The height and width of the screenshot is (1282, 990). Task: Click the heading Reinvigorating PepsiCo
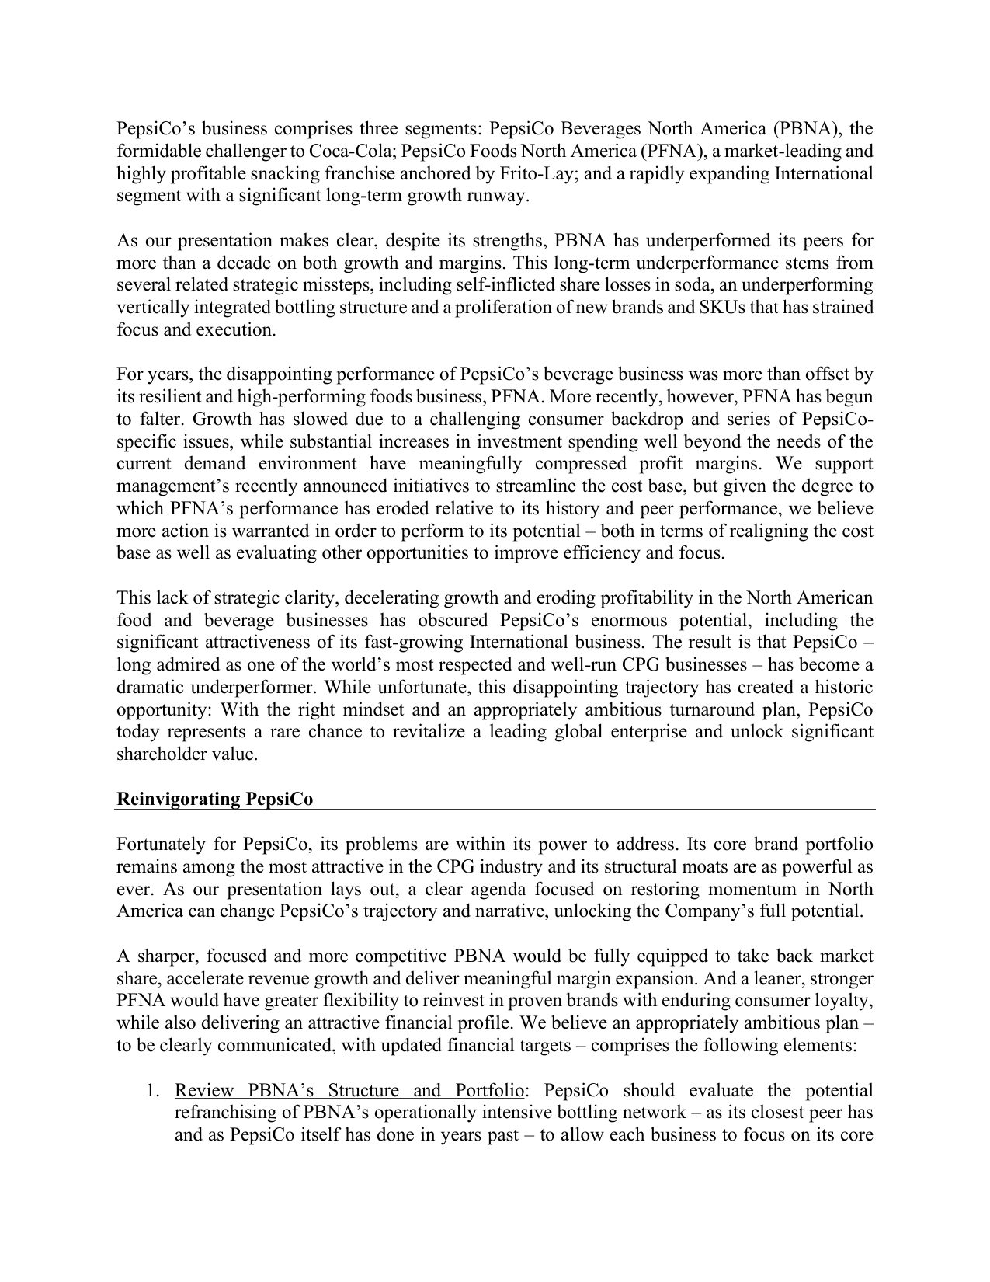(214, 799)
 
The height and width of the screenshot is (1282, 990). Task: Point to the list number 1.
(153, 1090)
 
